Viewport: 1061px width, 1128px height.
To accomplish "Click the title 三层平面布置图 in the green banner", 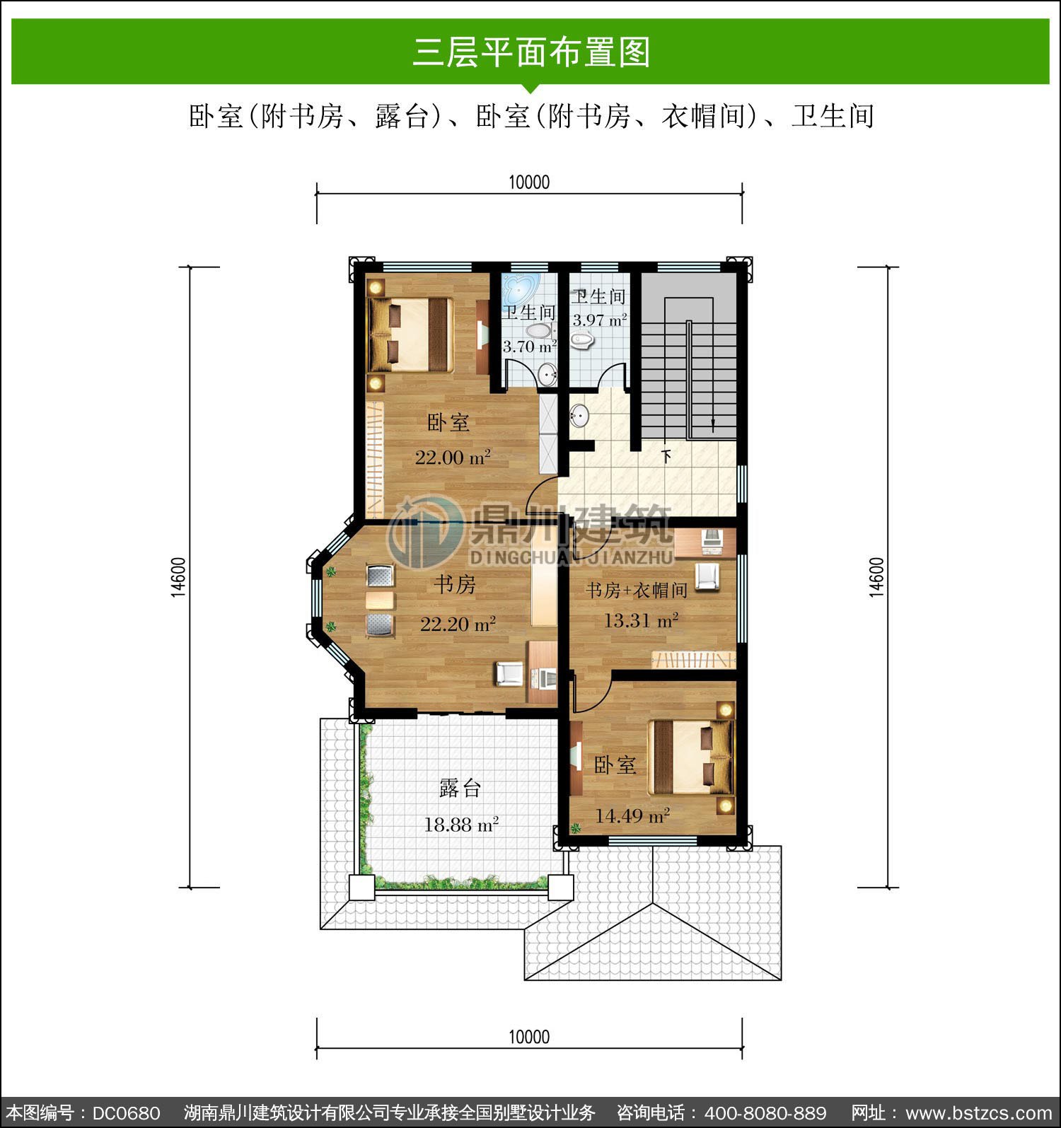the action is click(x=530, y=52).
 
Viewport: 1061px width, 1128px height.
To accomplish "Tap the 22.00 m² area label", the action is click(x=453, y=457).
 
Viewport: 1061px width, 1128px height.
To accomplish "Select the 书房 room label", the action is click(x=455, y=584).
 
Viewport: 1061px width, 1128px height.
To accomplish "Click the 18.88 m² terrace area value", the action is click(x=461, y=824).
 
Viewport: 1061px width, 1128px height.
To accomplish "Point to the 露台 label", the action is click(x=460, y=788).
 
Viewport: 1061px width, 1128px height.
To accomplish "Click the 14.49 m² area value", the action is click(x=632, y=816).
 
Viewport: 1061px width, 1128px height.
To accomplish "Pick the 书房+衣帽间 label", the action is click(x=637, y=590).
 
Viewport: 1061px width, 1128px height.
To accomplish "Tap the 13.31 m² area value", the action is click(x=642, y=621).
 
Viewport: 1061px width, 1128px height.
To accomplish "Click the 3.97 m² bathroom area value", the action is click(x=600, y=320).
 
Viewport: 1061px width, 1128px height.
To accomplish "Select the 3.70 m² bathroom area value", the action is click(x=530, y=347).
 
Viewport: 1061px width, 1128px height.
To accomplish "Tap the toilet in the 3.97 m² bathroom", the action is click(x=581, y=341).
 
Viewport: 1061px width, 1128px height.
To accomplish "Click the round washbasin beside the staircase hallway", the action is click(x=579, y=416).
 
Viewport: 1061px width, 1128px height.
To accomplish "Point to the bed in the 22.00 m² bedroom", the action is click(x=410, y=335).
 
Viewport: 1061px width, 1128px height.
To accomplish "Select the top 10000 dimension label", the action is click(x=529, y=182).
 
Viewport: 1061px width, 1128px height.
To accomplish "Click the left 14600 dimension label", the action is click(x=178, y=577).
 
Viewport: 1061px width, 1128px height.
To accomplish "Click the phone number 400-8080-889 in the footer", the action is click(x=767, y=1112).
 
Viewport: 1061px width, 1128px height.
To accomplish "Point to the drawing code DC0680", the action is click(x=126, y=1112).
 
